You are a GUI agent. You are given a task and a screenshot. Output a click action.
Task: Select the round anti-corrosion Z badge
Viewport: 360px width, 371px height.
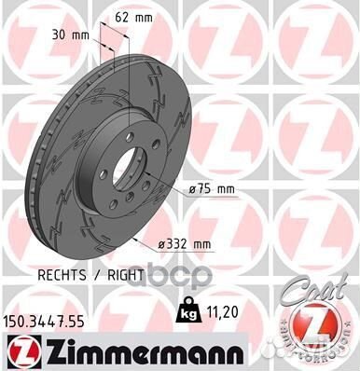316,331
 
